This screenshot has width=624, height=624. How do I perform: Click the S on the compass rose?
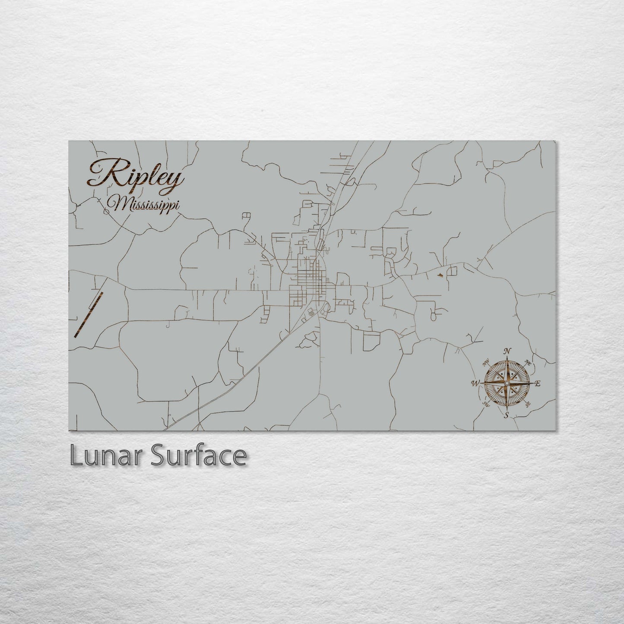tap(507, 415)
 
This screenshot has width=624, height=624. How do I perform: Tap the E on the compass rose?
tap(538, 383)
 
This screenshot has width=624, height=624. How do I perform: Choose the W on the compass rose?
tap(475, 383)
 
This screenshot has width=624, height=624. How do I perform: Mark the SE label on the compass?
tap(528, 405)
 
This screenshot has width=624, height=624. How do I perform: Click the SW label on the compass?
tap(485, 404)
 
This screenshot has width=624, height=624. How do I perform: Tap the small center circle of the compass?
tap(507, 383)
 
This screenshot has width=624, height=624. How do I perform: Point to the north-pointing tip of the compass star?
tap(507, 358)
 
